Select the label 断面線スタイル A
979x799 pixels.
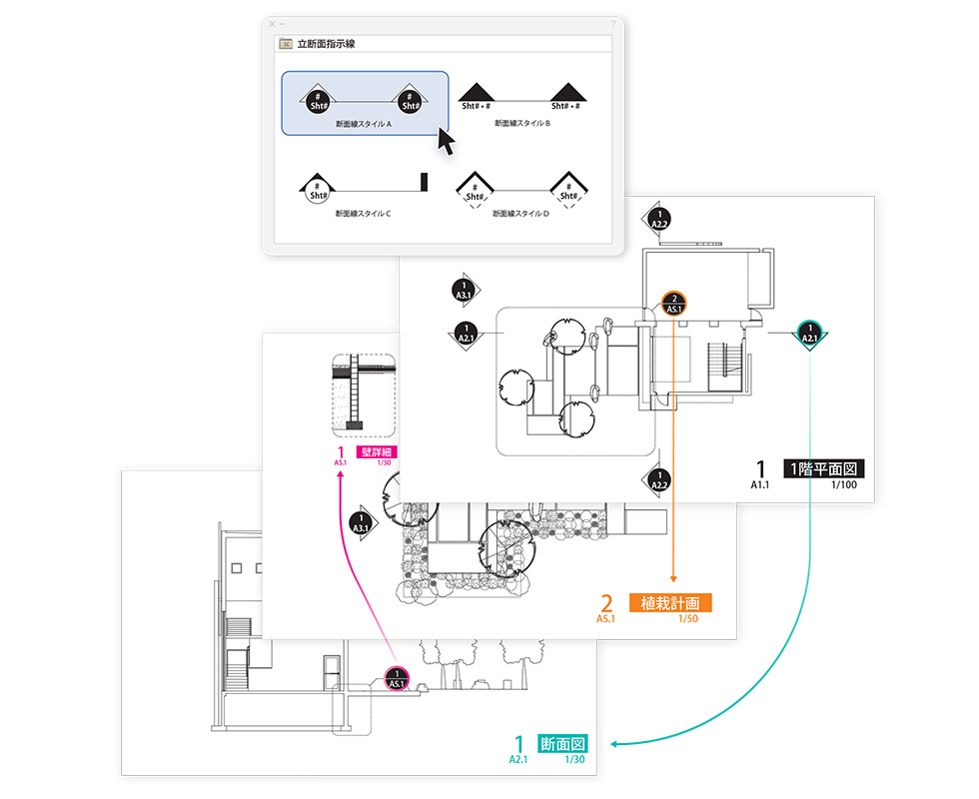(363, 124)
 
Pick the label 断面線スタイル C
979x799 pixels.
(363, 213)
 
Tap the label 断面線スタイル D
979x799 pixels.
(520, 213)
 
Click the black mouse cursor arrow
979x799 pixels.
(446, 141)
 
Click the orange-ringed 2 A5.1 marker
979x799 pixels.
(673, 304)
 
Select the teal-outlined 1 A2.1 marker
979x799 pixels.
(809, 333)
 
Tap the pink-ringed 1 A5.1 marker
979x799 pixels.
(397, 678)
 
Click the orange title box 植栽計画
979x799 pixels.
(669, 603)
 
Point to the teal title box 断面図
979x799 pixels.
(561, 744)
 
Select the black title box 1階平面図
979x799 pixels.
(825, 468)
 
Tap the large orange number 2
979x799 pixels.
(606, 603)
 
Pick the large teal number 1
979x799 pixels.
(517, 744)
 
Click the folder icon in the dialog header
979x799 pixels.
(287, 45)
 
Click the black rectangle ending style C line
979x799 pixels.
(424, 182)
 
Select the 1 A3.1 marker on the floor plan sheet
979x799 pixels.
(463, 290)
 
